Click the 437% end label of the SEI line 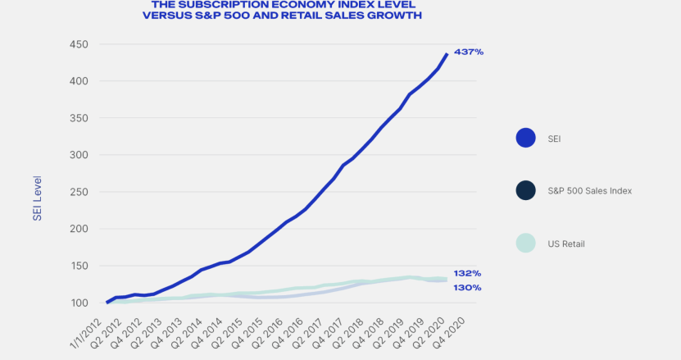pos(469,52)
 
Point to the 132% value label pos(467,273)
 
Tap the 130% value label pos(467,288)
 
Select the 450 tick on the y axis pos(79,44)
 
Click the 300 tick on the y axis pos(79,155)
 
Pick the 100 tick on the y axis pos(79,303)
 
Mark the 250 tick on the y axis pos(79,192)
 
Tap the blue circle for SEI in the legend pos(526,139)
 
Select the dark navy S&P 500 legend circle pos(526,190)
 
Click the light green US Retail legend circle pos(526,243)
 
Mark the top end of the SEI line pos(447,54)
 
